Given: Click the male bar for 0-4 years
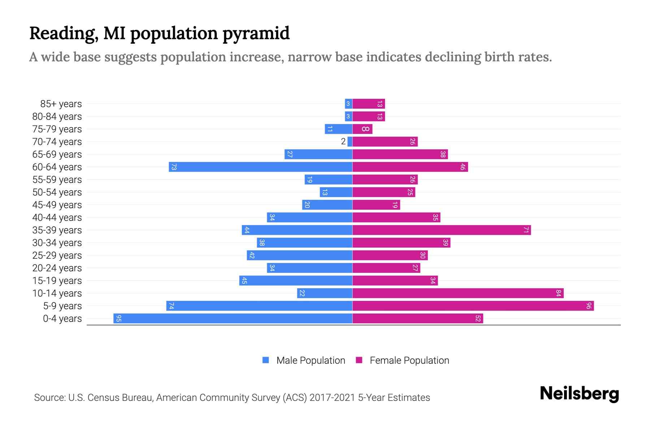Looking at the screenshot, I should (233, 318).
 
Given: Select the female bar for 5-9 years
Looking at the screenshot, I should (473, 306).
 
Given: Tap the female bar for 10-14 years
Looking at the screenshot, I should (458, 293).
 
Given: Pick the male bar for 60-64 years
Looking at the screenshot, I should (260, 167).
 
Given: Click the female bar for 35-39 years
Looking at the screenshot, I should (442, 230).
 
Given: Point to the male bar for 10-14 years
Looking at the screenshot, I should (325, 293).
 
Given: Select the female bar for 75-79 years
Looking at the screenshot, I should (362, 129).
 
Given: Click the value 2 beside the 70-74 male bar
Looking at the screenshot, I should (343, 141).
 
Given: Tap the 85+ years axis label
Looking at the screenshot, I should (61, 104).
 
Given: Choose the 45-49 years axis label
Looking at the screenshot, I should (57, 205).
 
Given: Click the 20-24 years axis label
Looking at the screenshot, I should (57, 268).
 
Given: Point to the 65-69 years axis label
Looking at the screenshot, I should (57, 154).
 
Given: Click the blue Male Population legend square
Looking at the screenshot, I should (266, 360).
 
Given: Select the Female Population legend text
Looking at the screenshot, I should (409, 360).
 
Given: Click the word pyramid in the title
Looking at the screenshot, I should (256, 33).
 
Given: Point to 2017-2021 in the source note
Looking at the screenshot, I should (332, 398).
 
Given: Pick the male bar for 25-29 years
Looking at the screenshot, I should (299, 255).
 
